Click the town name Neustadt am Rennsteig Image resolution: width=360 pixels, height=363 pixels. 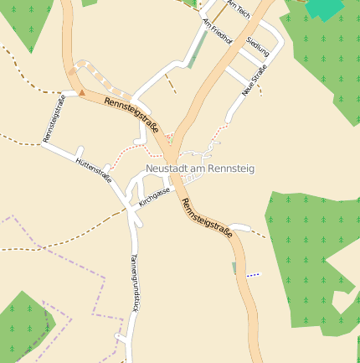[199, 169]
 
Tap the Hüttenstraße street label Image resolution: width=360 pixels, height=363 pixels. [93, 169]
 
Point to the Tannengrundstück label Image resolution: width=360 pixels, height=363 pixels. [132, 281]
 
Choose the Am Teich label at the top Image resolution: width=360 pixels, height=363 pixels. [238, 10]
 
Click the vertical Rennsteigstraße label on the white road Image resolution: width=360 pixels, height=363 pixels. [54, 119]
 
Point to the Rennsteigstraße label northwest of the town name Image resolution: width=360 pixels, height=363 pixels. [131, 114]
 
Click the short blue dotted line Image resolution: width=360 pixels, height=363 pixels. [253, 274]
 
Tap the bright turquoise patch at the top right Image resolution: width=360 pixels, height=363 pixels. [326, 9]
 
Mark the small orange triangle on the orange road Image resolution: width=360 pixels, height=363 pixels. [82, 93]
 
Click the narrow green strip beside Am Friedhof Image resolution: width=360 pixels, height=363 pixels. [196, 50]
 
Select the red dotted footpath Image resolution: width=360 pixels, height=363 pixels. [134, 149]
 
